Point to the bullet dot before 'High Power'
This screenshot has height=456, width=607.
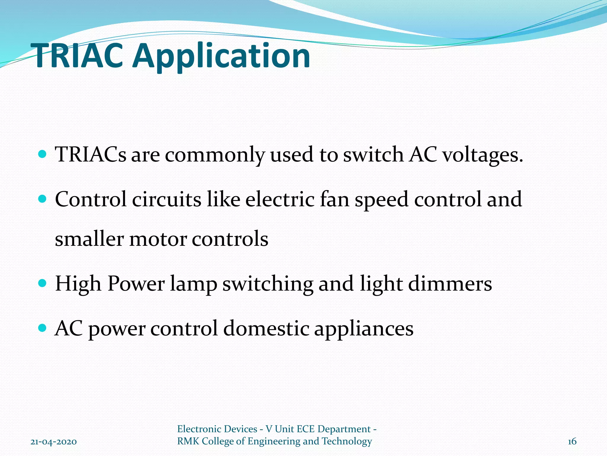click(43, 283)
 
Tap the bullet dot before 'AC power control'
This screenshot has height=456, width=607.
click(43, 328)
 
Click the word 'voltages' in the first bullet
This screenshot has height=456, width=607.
click(483, 155)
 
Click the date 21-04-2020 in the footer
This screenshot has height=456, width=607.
click(54, 442)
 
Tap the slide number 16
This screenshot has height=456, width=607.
click(572, 441)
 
